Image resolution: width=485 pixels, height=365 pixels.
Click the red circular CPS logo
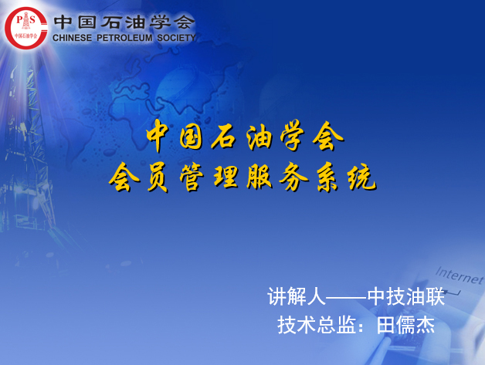[26, 28]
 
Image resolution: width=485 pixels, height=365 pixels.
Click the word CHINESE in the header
[72, 38]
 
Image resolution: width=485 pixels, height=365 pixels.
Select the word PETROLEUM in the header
[124, 38]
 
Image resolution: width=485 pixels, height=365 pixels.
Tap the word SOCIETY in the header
[177, 38]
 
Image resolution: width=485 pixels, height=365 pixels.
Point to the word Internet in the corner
[460, 275]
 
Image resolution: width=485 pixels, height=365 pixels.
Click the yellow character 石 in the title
[225, 136]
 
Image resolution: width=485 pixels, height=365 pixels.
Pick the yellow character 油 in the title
[259, 136]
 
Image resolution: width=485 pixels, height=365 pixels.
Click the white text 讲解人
[297, 296]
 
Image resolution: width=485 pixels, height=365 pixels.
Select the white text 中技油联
[406, 296]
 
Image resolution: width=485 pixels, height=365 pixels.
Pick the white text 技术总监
[316, 325]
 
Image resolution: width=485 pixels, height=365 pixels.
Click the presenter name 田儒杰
[405, 325]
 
